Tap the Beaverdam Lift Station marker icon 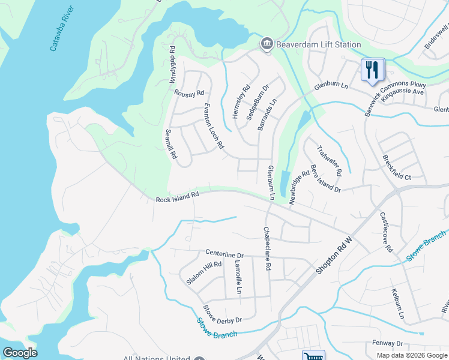[267, 44]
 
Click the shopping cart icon [313, 356]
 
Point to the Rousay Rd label [189, 94]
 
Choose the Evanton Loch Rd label [213, 125]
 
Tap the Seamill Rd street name [172, 145]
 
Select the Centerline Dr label [224, 254]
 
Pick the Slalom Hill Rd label [204, 274]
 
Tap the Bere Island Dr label [325, 179]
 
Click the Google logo [20, 353]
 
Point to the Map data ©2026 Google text [412, 355]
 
